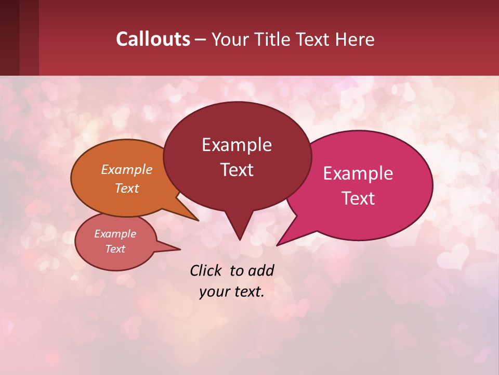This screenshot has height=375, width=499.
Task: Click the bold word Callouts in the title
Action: coord(153,39)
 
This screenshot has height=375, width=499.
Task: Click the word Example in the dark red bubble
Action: coord(237,145)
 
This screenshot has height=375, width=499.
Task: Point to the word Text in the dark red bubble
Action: coord(237,170)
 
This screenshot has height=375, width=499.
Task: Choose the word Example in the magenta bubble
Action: coord(358,173)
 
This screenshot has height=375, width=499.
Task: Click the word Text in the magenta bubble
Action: coord(358,198)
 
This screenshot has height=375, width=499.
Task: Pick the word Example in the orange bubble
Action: coord(127,170)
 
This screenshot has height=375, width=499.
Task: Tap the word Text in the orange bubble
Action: coord(127,189)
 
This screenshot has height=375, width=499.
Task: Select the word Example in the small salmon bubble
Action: coord(115,234)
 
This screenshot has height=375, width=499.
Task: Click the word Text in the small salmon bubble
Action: coord(115,249)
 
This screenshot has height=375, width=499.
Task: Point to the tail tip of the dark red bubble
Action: coord(239,240)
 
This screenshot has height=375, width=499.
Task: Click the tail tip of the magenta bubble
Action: coord(277,245)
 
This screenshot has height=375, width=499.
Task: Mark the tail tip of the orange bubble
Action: coord(198,220)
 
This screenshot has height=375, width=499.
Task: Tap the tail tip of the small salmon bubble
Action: coord(180,249)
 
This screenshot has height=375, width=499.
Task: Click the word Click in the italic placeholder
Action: coord(207,270)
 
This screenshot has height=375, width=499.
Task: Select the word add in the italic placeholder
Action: coord(261,270)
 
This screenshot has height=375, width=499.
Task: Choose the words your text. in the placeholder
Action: coord(231,292)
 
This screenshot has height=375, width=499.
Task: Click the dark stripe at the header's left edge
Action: coord(9,37)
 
